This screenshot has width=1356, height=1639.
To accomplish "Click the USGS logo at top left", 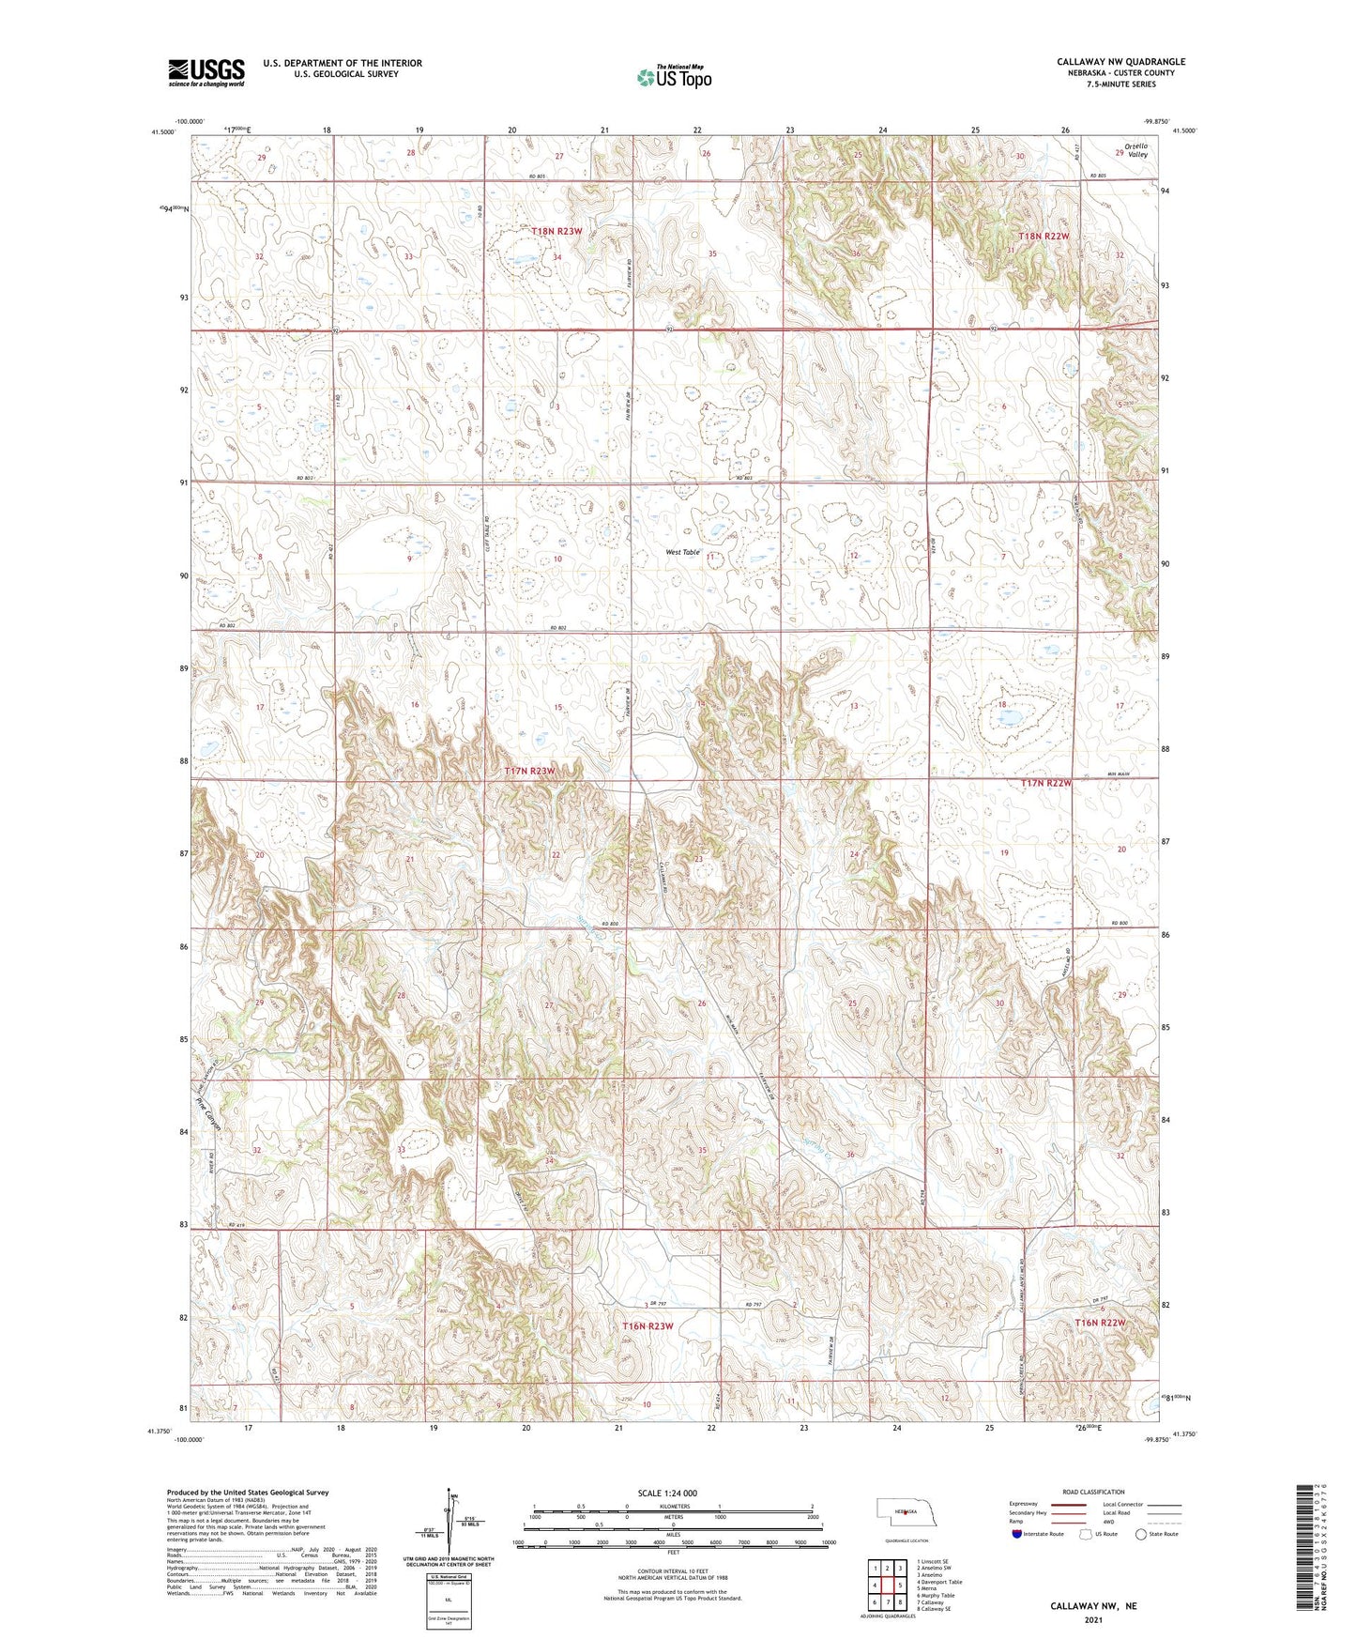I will [206, 72].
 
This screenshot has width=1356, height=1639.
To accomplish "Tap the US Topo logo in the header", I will [674, 77].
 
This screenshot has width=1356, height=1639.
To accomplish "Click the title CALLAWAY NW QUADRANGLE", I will [1120, 62].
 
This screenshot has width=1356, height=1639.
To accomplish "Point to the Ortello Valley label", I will [1136, 150].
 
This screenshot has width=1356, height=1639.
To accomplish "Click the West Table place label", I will [683, 552].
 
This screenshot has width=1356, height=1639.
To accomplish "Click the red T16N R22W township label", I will [1099, 1323].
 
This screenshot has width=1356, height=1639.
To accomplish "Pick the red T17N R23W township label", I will [530, 771].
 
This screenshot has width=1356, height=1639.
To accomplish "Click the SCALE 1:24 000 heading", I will [667, 1493].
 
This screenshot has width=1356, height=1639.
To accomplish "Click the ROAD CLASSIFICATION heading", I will [1094, 1492].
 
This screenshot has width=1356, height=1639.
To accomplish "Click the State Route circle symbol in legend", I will [1141, 1534].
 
